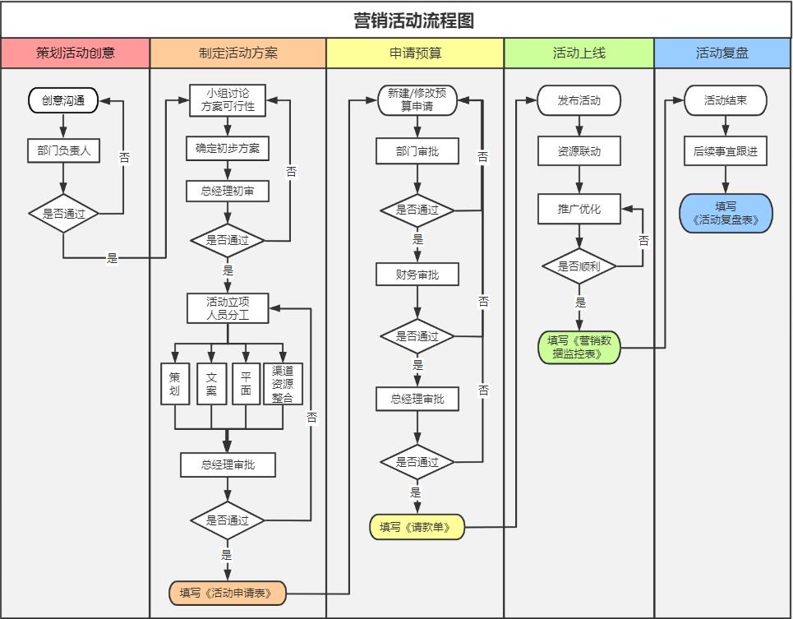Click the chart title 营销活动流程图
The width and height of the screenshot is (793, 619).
[x=413, y=21]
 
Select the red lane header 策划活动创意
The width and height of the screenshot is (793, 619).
[x=76, y=53]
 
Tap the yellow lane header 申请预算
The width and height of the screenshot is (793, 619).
[x=415, y=53]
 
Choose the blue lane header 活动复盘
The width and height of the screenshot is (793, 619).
[x=722, y=53]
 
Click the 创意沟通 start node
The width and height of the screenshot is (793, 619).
[x=63, y=100]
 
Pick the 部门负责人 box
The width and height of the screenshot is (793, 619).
[x=63, y=150]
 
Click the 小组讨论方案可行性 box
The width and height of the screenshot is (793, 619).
[x=228, y=99]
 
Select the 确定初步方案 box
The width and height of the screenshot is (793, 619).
[x=228, y=149]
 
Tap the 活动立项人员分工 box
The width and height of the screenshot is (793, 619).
[x=228, y=308]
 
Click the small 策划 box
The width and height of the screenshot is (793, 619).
[x=174, y=384]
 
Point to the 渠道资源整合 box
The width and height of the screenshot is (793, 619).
[x=283, y=384]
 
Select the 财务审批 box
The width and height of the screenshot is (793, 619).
[x=417, y=274]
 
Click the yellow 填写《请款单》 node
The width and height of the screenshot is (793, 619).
[x=417, y=527]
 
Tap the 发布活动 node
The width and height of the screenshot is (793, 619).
[x=579, y=100]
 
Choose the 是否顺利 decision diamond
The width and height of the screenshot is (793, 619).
[x=579, y=266]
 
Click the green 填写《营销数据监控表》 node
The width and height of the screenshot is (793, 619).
[x=579, y=347]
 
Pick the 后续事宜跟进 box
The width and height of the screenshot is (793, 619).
[x=725, y=151]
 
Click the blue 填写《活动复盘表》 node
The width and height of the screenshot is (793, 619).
[x=726, y=214]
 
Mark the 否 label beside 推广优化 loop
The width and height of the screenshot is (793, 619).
[x=643, y=241]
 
